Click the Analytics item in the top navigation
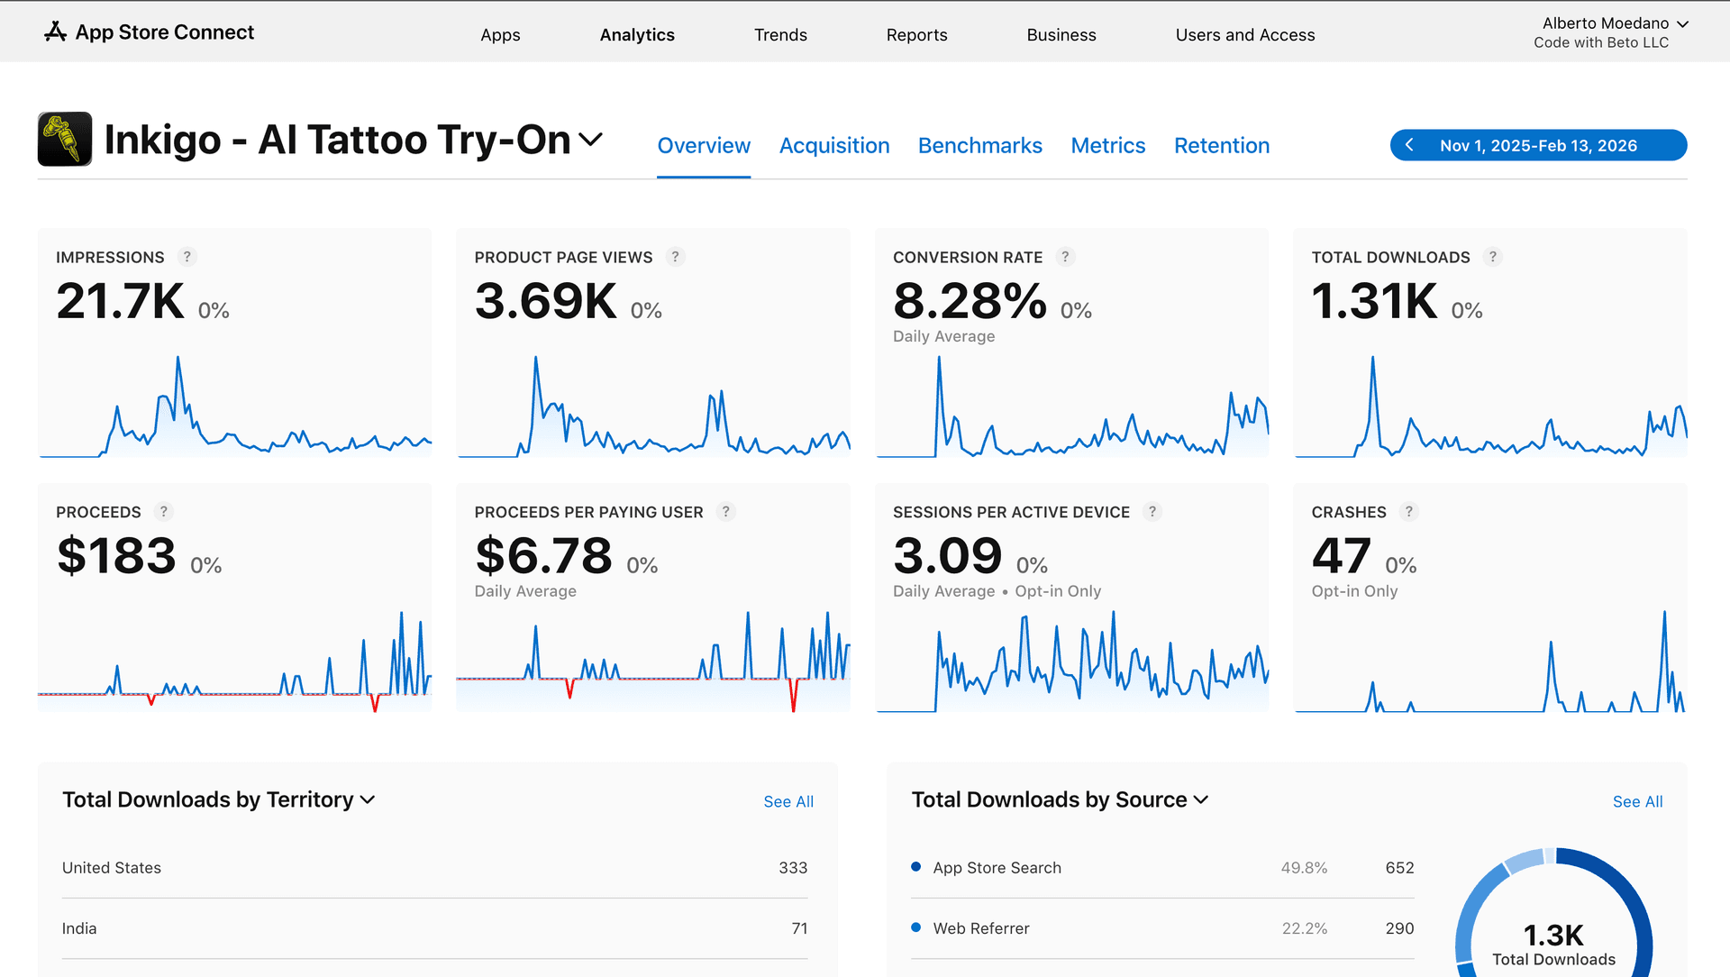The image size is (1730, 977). pyautogui.click(x=637, y=35)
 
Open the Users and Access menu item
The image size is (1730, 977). pyautogui.click(x=1244, y=35)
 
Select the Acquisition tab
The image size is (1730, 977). pyautogui.click(x=833, y=146)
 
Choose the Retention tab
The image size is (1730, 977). pyautogui.click(x=1221, y=146)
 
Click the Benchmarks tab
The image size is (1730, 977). pyautogui.click(x=979, y=146)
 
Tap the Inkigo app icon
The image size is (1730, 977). pyautogui.click(x=65, y=140)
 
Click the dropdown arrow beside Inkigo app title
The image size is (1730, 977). pyautogui.click(x=590, y=140)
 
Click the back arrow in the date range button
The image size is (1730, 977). pyautogui.click(x=1409, y=145)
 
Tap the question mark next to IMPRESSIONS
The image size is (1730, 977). pyautogui.click(x=187, y=257)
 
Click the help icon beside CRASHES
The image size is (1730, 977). pyautogui.click(x=1408, y=512)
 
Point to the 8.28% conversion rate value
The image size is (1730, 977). pyautogui.click(x=970, y=301)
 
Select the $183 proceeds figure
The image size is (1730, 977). pyautogui.click(x=116, y=556)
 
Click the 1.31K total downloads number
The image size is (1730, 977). pyautogui.click(x=1374, y=301)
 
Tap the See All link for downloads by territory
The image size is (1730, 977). pyautogui.click(x=788, y=802)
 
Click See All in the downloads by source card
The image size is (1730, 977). pyautogui.click(x=1637, y=802)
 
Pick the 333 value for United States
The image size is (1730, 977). pyautogui.click(x=793, y=868)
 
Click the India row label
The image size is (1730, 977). pyautogui.click(x=79, y=928)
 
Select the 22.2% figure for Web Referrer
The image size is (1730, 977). pyautogui.click(x=1304, y=928)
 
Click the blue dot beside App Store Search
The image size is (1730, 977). pyautogui.click(x=915, y=867)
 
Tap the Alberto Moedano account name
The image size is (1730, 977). pyautogui.click(x=1605, y=23)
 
